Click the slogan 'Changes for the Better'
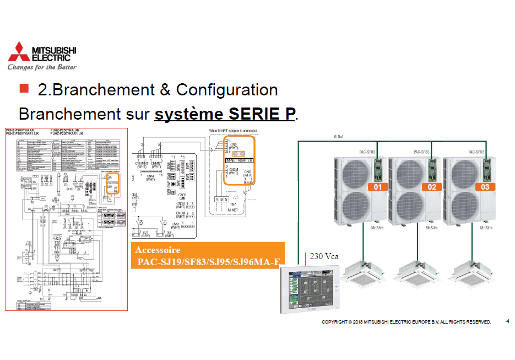(42, 67)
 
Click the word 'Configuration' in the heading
(227, 89)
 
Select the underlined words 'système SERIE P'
(225, 114)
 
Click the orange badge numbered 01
(378, 187)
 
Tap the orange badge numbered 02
(432, 187)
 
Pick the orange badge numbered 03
(485, 187)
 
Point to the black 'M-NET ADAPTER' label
(240, 160)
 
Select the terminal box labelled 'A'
(218, 199)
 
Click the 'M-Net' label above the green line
(339, 136)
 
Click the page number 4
(507, 321)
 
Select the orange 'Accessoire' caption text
(158, 250)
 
